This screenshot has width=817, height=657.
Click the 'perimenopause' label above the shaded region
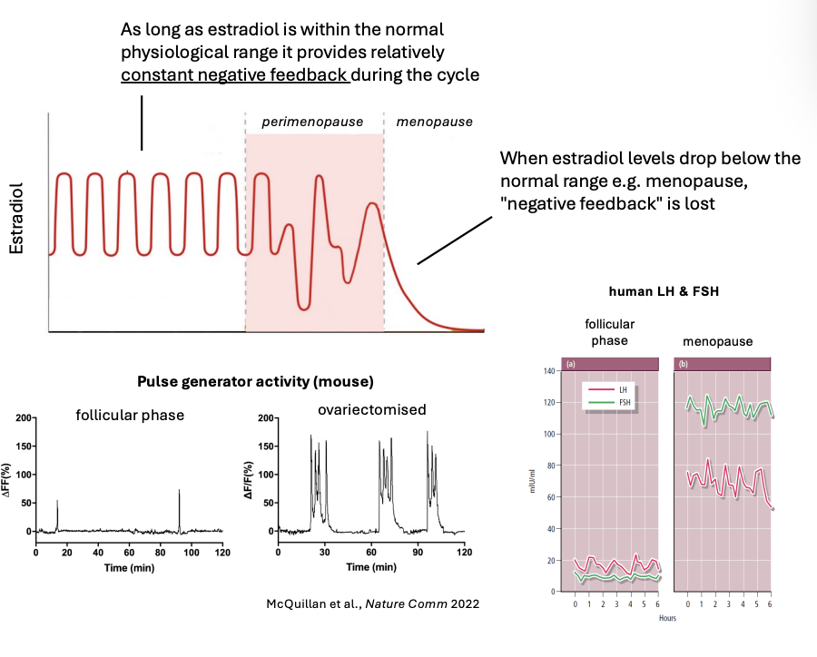(x=312, y=121)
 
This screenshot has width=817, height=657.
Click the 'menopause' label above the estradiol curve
(x=434, y=121)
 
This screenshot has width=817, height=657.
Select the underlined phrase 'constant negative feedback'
(x=235, y=75)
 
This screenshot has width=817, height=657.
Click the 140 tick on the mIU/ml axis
(x=547, y=371)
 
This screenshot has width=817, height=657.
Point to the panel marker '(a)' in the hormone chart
(x=571, y=364)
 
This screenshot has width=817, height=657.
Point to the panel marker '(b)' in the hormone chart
(x=683, y=364)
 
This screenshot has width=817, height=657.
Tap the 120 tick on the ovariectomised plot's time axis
(x=463, y=552)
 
